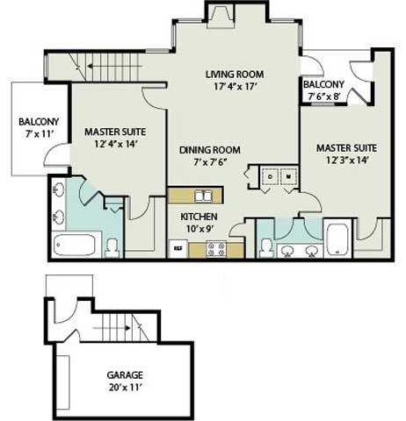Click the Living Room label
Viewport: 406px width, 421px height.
(235, 75)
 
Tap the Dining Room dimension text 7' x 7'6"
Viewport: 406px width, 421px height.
(210, 162)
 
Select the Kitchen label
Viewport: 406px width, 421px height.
(199, 217)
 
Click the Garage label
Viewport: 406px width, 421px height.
(125, 375)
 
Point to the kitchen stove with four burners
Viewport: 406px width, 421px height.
(216, 249)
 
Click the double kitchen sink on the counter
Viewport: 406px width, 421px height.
(203, 196)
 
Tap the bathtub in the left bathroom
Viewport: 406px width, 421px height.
(74, 245)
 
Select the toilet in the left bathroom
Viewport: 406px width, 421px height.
(112, 248)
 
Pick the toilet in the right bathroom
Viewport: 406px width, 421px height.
(267, 248)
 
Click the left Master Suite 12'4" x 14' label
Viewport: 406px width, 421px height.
(115, 138)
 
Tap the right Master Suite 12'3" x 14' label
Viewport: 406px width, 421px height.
(346, 154)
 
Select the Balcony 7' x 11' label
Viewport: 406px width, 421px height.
(39, 128)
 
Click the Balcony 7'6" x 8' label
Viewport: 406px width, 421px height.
(323, 90)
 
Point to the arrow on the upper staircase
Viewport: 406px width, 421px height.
(115, 67)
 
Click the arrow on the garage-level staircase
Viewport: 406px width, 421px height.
(112, 328)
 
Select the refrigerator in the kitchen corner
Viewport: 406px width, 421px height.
(178, 249)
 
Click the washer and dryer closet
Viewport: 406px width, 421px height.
(279, 176)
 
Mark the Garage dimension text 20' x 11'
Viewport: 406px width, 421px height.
(126, 388)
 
